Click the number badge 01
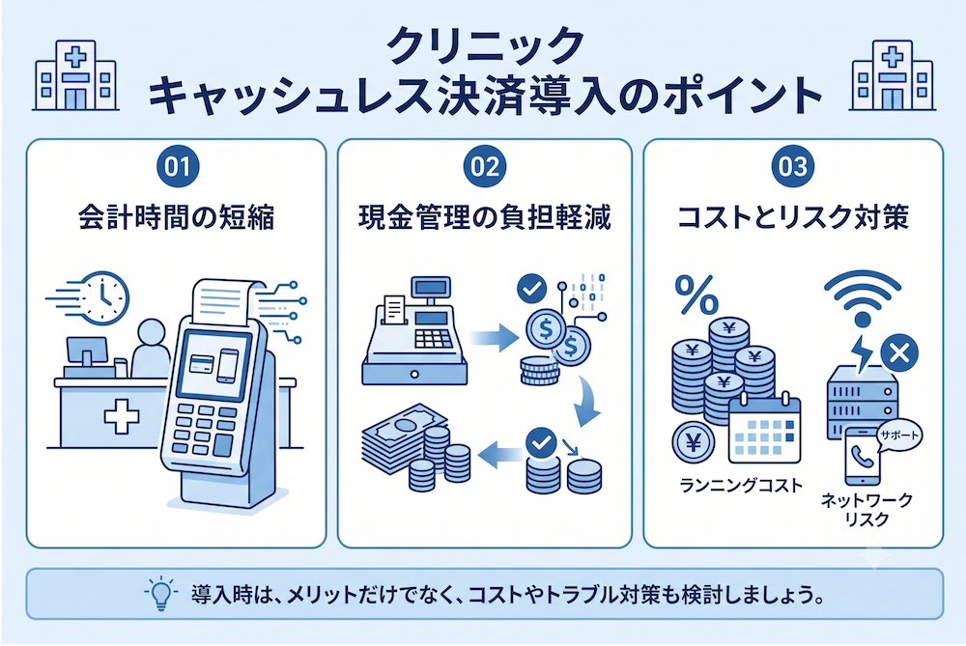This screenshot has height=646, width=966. [x=179, y=166]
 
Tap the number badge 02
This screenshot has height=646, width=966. [x=485, y=166]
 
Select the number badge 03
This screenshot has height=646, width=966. [x=792, y=166]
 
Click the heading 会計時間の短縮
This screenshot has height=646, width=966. [x=176, y=217]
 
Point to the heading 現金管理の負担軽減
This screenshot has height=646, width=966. [x=485, y=217]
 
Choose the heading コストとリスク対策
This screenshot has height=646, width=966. [x=793, y=217]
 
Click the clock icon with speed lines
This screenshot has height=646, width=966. [x=90, y=298]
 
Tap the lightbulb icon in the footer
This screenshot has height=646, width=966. [x=160, y=594]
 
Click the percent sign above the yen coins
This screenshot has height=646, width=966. [x=696, y=295]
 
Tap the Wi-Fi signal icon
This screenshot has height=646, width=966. [x=863, y=296]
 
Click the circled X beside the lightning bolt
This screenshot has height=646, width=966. [x=899, y=353]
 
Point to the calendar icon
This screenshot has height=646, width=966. [x=764, y=428]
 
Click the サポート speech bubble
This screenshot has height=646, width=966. [x=899, y=436]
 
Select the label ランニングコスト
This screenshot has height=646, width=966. [x=741, y=486]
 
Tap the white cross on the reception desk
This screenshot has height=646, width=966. [x=122, y=416]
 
